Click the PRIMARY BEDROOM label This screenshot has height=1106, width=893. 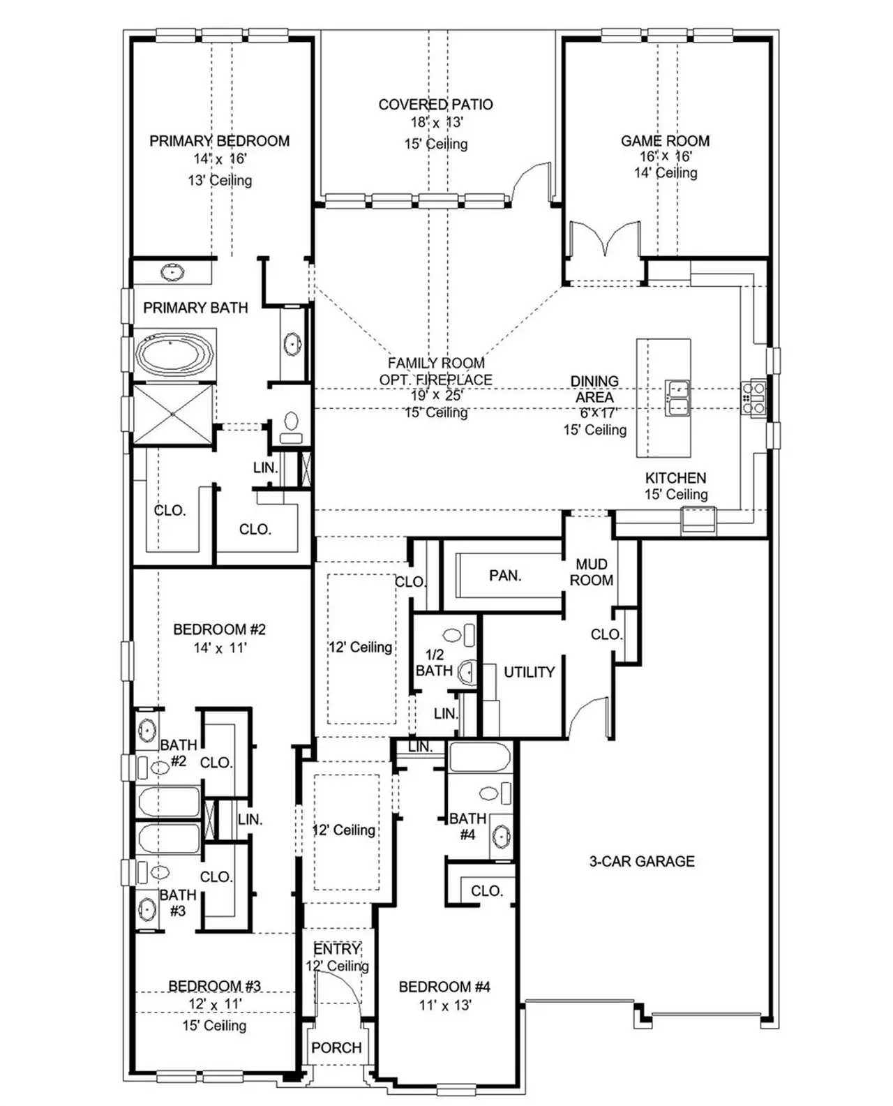point(219,141)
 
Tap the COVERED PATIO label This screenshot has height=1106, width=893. point(435,105)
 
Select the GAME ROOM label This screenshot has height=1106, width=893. point(665,141)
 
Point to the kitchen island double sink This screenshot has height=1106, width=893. point(677,398)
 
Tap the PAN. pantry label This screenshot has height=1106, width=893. point(505,576)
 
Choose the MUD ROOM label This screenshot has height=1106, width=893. point(592,571)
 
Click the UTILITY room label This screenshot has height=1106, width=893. point(529,672)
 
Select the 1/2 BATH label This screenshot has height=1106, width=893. point(434,662)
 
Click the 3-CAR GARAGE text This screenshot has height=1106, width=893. point(642,861)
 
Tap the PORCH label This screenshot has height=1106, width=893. point(336,1047)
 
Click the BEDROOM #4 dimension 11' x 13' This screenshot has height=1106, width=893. point(444,1006)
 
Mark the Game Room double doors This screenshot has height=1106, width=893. point(604,241)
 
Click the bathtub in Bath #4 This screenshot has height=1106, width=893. point(480,758)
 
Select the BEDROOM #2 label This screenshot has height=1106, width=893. point(219,629)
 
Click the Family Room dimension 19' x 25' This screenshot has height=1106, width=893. point(436,395)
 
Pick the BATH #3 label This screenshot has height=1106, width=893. point(177,902)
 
